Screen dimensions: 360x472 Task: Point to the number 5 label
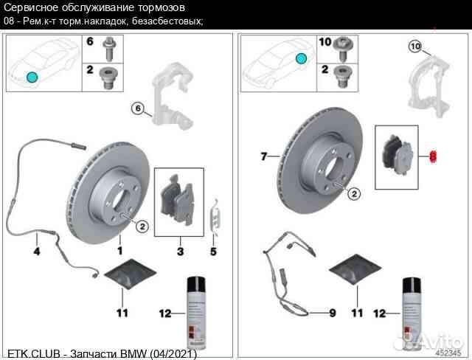215,251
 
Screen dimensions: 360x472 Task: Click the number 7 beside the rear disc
264,156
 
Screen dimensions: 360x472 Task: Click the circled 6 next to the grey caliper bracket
136,109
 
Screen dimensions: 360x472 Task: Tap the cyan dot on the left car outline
31,77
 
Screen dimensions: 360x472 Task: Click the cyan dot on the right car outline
300,58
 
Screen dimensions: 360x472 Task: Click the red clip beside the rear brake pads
434,156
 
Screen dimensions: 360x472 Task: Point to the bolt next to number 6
110,47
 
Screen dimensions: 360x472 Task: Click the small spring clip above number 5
215,216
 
